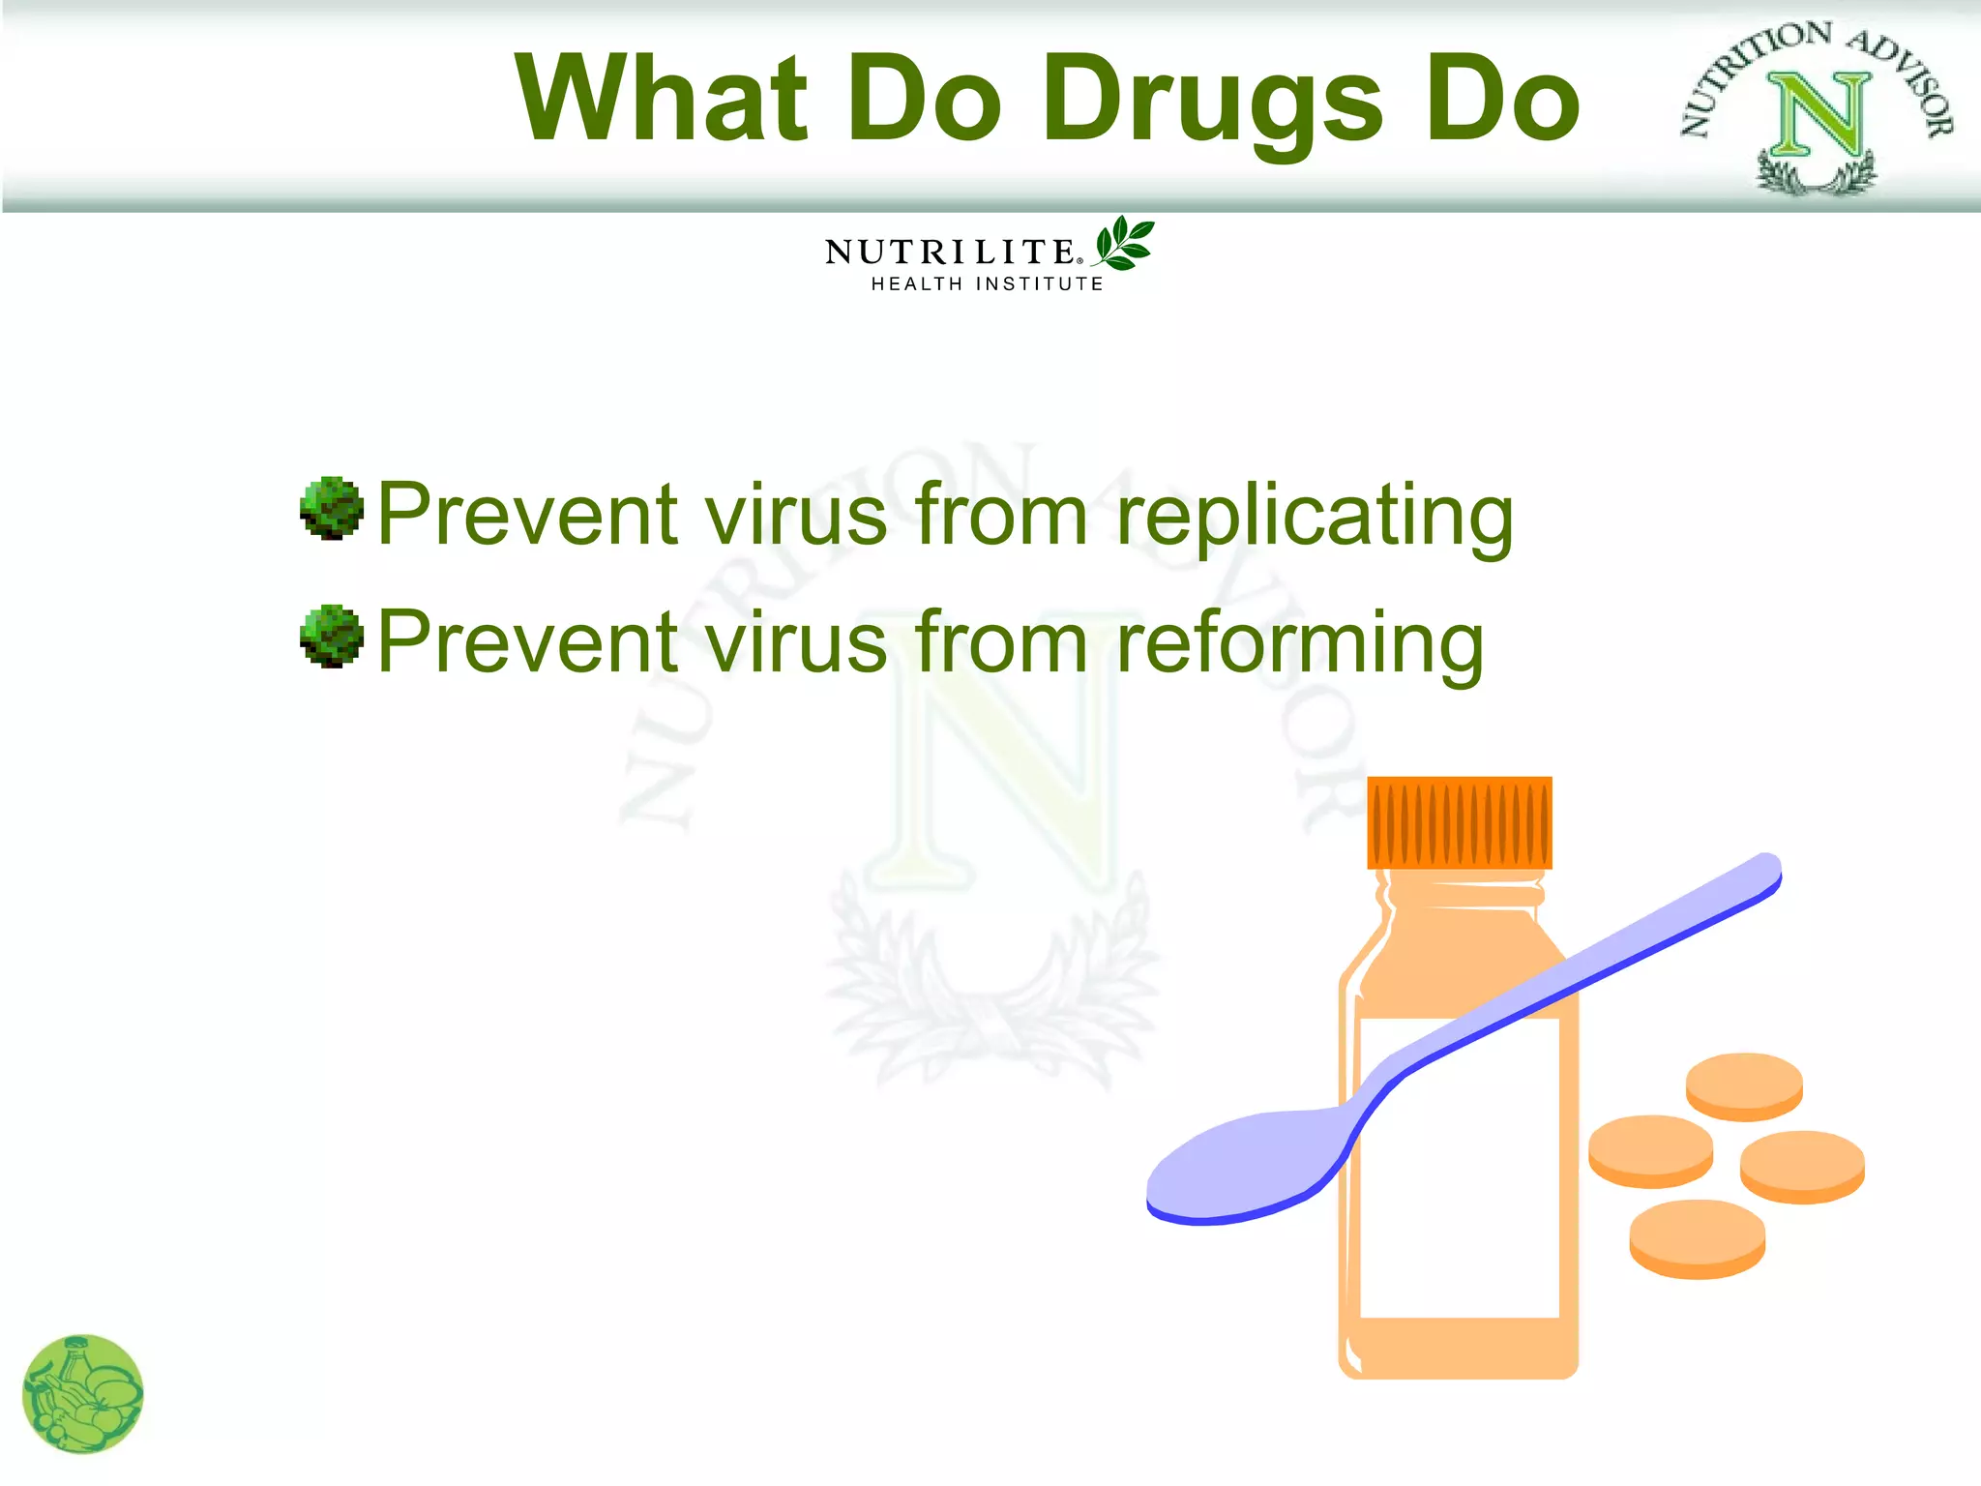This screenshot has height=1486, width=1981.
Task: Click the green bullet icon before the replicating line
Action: (x=332, y=508)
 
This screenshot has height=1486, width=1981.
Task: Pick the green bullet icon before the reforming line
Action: (x=332, y=637)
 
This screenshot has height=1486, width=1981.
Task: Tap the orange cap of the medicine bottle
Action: (x=1459, y=822)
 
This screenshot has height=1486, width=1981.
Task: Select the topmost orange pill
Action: (x=1744, y=1085)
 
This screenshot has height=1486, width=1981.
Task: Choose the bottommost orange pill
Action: (x=1697, y=1238)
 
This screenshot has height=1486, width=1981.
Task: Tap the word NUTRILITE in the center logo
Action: (x=949, y=253)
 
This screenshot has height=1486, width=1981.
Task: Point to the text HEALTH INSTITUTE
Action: (x=987, y=284)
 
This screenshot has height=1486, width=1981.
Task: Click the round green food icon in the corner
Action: (x=82, y=1394)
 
